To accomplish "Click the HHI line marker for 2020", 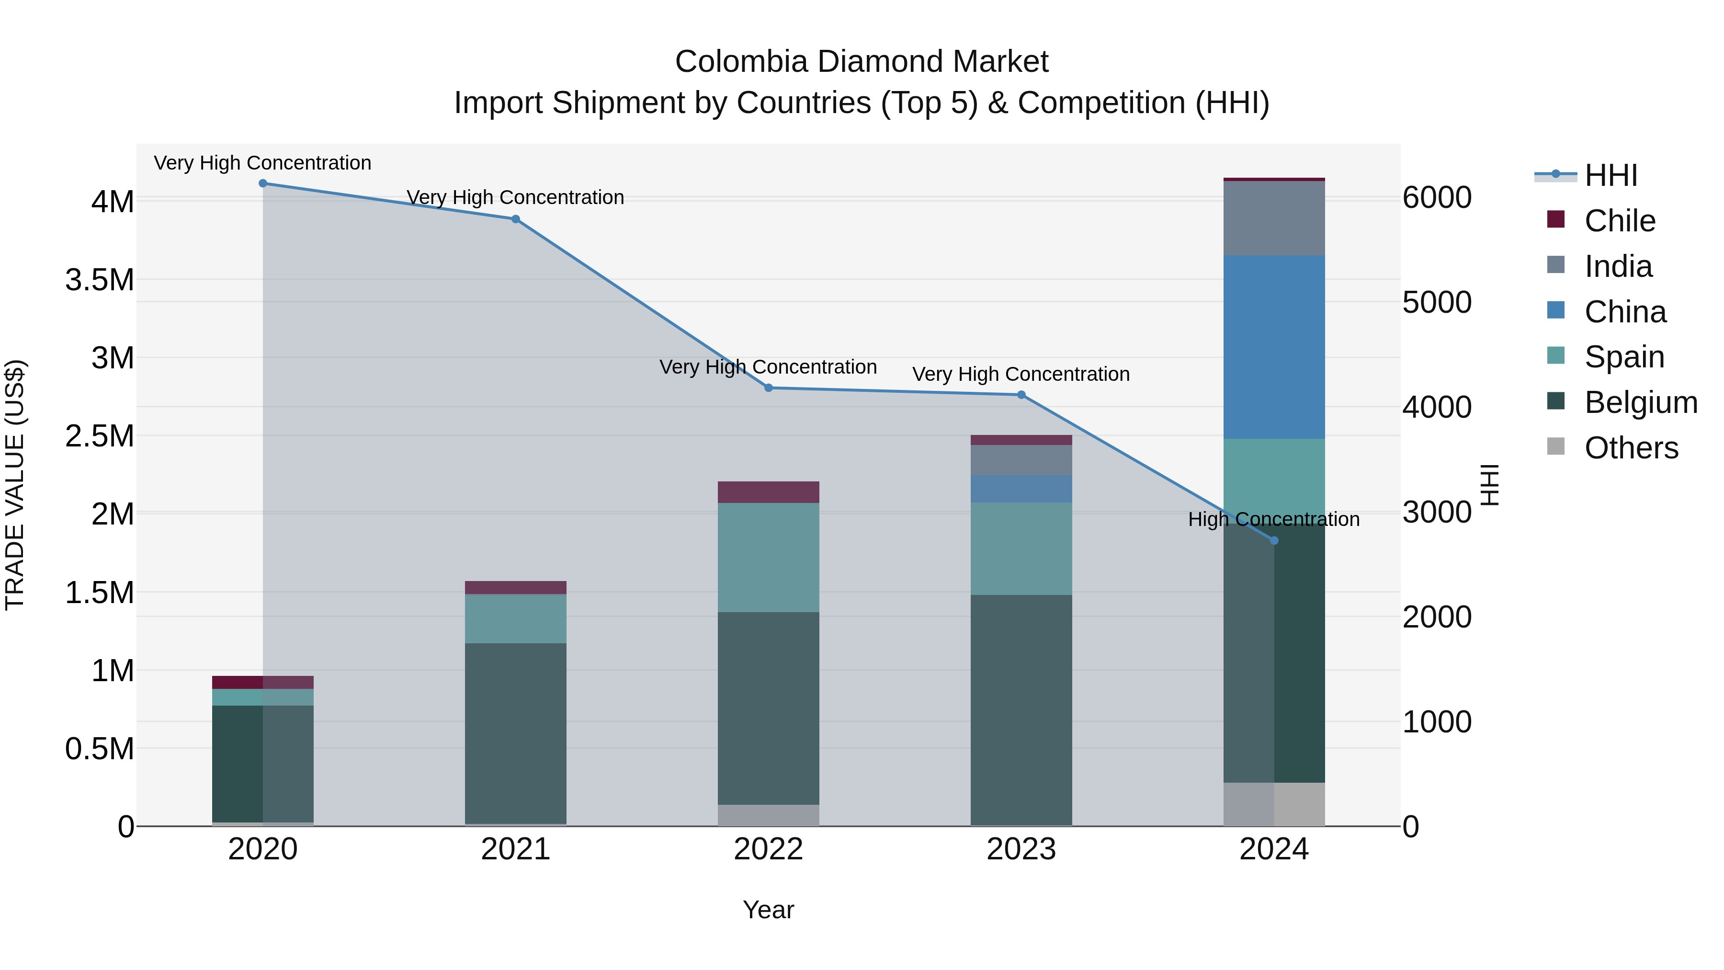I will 263,183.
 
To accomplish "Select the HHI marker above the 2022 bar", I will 768,388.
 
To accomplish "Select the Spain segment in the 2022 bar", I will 768,557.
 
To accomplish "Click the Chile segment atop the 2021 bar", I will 515,588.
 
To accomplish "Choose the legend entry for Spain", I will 1624,357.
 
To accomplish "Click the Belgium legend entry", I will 1640,402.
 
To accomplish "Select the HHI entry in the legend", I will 1610,175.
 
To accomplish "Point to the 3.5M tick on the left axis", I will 100,280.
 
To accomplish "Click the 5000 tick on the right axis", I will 1437,303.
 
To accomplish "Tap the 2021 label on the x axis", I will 515,849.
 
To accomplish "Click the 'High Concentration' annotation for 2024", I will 1273,519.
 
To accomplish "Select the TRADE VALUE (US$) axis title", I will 15,485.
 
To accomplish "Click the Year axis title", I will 768,910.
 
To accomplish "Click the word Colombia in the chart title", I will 741,62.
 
